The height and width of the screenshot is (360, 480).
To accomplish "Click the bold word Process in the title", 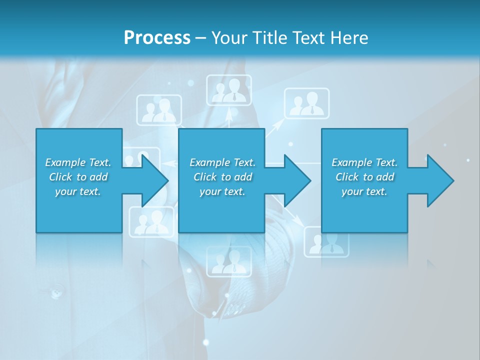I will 157,37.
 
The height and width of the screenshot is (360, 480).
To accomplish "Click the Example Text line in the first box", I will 78,162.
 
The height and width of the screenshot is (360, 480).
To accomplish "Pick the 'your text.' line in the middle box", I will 222,191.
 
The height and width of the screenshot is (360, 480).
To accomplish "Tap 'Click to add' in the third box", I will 365,177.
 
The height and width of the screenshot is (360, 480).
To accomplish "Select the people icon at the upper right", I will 307,103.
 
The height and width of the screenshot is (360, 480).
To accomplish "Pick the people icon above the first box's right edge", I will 159,109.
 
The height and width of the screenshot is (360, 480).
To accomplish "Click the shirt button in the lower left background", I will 55,290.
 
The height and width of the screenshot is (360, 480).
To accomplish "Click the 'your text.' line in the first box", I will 78,191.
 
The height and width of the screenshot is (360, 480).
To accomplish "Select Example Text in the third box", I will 364,162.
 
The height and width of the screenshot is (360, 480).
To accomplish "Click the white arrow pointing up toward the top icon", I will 229,114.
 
